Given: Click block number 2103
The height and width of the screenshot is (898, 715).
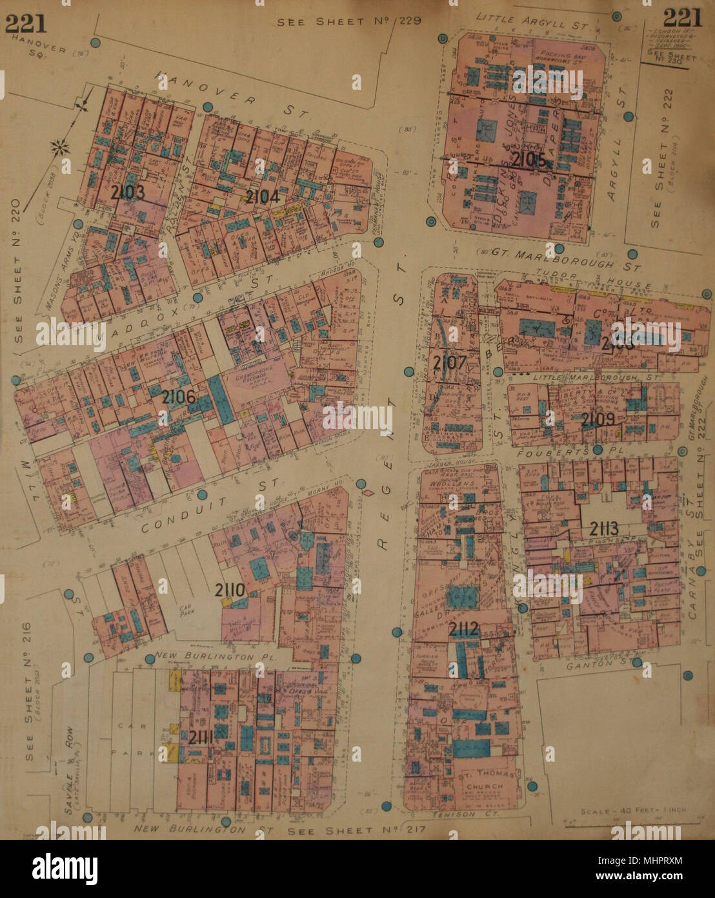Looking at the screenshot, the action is (x=127, y=193).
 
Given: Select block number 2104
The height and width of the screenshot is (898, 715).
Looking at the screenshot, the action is (x=263, y=196).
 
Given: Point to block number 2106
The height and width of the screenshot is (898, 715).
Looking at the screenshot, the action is (x=179, y=397).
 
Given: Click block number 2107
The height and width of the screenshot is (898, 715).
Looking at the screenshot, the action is (x=450, y=362).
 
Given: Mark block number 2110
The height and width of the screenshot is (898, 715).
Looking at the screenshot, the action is (x=229, y=589).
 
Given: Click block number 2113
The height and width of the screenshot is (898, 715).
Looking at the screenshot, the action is (x=604, y=528).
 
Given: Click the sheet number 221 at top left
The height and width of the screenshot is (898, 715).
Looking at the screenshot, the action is (x=26, y=23).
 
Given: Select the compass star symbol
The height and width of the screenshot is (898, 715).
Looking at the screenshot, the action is (x=62, y=149).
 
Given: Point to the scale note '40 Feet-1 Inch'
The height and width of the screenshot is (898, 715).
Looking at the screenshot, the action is (x=633, y=810).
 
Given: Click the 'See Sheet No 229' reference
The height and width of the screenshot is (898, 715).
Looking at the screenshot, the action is (x=349, y=21).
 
